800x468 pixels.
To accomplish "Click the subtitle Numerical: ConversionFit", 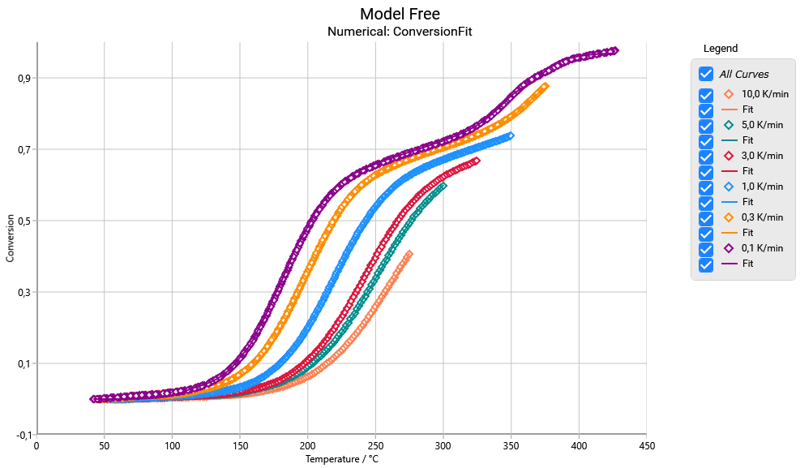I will (400, 32).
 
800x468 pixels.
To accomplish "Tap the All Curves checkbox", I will (706, 74).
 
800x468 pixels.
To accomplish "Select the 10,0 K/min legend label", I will (764, 94).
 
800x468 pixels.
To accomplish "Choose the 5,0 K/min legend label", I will (762, 125).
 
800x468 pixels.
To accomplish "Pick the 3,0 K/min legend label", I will (762, 156).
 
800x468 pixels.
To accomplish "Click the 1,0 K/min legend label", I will (762, 187).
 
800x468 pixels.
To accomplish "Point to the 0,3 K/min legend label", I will (762, 217).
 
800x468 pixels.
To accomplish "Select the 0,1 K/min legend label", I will (762, 248).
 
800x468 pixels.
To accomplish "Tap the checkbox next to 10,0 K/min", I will (706, 95).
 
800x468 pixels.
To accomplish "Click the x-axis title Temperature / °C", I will (341, 459).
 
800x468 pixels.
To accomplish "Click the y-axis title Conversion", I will (11, 238).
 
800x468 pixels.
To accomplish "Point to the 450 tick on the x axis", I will (646, 444).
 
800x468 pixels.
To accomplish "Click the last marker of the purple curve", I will (614, 50).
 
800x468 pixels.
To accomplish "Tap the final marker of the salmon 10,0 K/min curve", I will (409, 254).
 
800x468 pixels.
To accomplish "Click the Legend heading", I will (721, 49).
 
